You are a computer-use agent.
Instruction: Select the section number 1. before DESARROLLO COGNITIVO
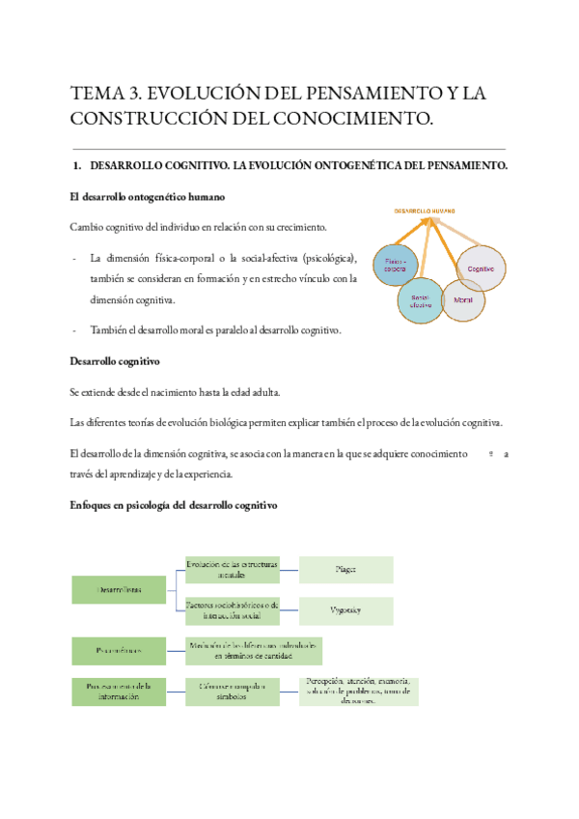pos(78,166)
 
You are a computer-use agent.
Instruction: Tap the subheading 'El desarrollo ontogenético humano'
pos(148,197)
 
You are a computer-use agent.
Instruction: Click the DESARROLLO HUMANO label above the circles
pos(425,210)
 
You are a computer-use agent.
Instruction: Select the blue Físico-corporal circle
pos(397,264)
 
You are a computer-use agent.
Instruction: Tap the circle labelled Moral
pos(463,300)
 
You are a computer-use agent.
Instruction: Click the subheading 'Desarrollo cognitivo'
pos(115,361)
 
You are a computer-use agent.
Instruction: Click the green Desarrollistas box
pos(119,589)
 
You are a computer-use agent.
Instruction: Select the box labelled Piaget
pos(345,570)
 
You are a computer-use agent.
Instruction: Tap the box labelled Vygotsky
pos(345,610)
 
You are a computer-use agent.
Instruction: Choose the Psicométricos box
pos(119,651)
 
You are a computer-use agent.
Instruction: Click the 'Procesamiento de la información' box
pos(119,692)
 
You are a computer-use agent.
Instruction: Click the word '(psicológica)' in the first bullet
pos(329,259)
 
